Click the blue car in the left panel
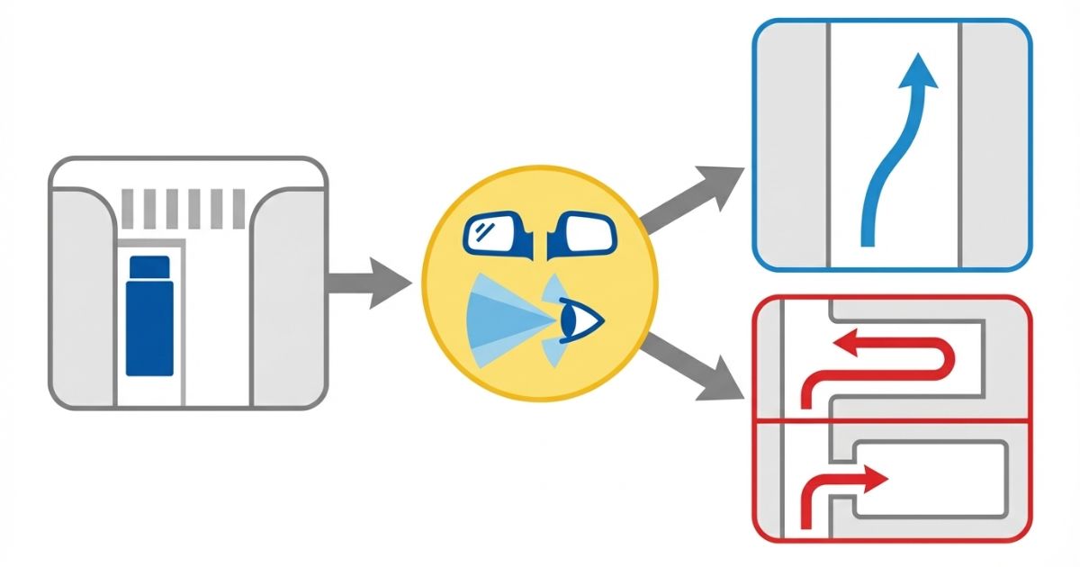coord(148,315)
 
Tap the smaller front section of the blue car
coord(149,266)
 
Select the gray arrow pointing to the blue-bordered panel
coord(693,197)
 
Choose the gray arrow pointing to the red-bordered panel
coord(697,367)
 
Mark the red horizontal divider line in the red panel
coord(891,421)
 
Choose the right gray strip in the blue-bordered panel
coord(995,144)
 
